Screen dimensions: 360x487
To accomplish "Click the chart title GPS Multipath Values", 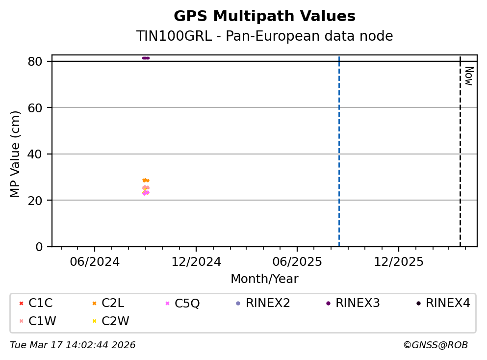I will pos(264,16).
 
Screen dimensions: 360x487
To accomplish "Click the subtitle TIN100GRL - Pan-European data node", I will pos(264,36).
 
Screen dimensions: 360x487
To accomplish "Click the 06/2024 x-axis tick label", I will pos(95,261).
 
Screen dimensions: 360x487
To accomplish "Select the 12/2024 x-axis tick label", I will pos(196,261).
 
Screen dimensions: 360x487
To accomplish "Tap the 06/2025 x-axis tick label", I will pos(297,261).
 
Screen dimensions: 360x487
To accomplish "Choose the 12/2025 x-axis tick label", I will pos(398,261).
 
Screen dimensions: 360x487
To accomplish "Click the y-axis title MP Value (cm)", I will pos(16,154).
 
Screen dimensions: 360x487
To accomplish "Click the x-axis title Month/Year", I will pos(264,279).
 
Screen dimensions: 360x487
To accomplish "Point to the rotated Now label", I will pos(468,76).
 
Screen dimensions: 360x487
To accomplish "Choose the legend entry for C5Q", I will pos(187,303).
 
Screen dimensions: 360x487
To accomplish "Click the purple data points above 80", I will pos(146,58).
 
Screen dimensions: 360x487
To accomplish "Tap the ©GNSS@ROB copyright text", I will pos(435,345).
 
